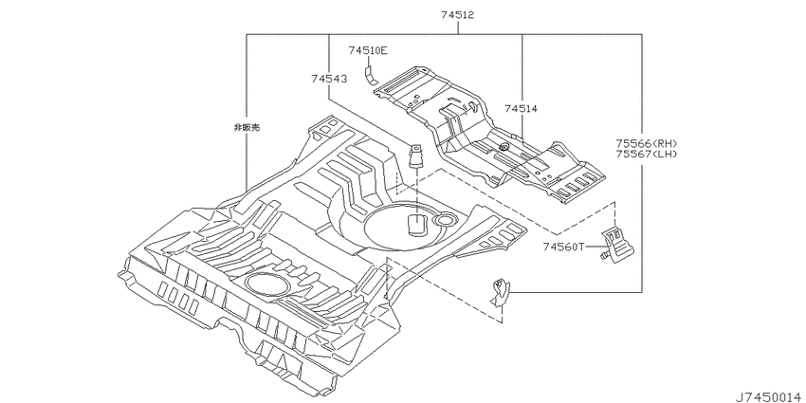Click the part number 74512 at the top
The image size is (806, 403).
coord(457,15)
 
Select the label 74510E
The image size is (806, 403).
coord(368,50)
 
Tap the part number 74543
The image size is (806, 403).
coord(328,79)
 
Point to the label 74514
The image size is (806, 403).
coord(521,108)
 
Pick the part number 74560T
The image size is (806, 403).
coord(563,247)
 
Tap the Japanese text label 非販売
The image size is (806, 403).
coord(247,127)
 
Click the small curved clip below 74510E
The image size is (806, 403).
coord(370,74)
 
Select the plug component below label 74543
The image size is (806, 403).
coord(415,156)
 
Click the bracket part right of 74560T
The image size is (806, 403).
coord(618,244)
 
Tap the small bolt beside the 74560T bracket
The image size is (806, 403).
coord(605,255)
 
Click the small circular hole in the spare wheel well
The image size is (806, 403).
coord(443,220)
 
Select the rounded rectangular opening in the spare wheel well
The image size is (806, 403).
coord(417,225)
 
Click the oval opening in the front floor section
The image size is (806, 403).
coord(266,284)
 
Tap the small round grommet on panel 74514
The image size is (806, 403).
coord(504,148)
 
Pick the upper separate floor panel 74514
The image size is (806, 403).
coord(488,135)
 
